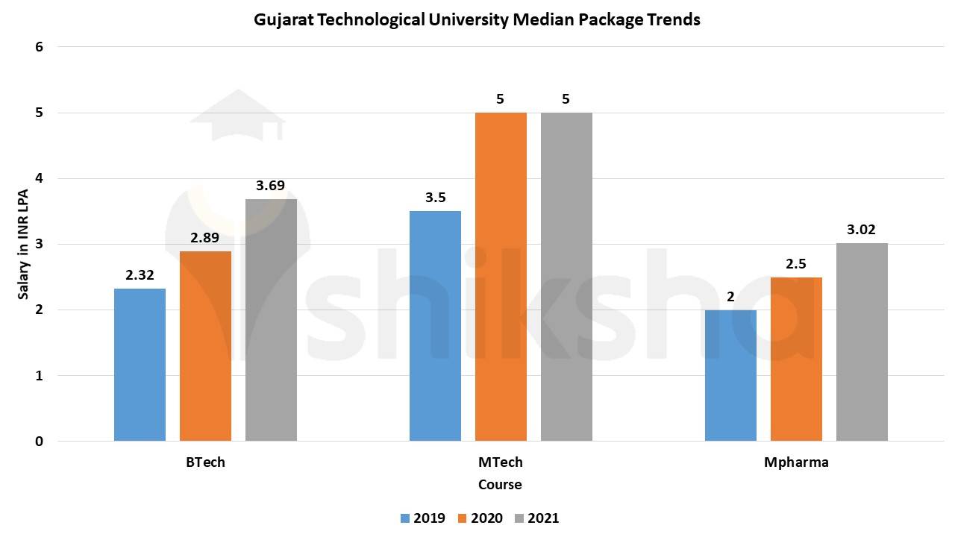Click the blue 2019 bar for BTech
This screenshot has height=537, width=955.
[x=140, y=365]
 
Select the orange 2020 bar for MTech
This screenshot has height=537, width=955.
[x=501, y=277]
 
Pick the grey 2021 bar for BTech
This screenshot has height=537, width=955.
[x=271, y=320]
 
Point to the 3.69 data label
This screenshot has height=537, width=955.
[x=271, y=185]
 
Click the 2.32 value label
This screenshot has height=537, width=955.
[x=140, y=275]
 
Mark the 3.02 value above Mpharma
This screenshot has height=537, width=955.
[x=862, y=230]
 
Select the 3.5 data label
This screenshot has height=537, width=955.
[x=435, y=198]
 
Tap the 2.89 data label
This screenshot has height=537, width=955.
[x=205, y=238]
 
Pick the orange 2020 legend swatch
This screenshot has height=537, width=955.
[x=462, y=518]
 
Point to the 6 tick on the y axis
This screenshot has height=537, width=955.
[x=40, y=47]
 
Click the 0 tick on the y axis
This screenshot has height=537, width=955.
[x=40, y=442]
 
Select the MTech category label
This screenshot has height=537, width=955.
[x=500, y=462]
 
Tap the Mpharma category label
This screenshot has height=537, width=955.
[x=796, y=462]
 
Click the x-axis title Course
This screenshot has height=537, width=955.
[x=500, y=485]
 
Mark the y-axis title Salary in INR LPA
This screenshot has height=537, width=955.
[x=24, y=244]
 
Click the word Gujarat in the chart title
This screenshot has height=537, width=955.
[x=283, y=20]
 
